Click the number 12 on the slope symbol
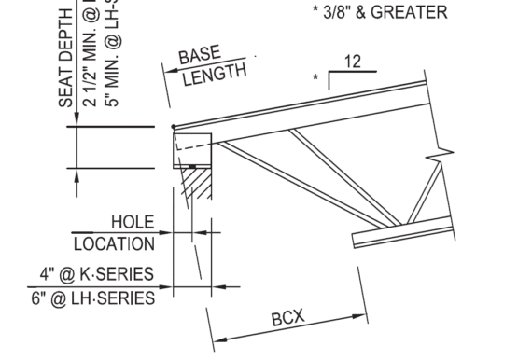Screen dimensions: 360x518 point(352,62)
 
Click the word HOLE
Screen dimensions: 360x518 point(133,222)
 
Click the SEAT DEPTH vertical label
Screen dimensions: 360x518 point(67,56)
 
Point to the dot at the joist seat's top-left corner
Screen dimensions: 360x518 point(174,127)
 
